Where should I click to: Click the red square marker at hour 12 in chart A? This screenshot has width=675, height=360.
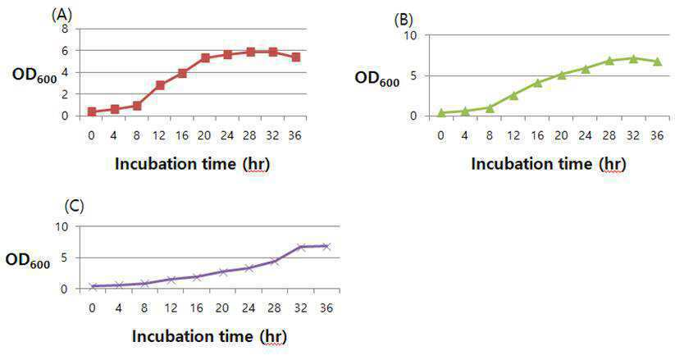[x=160, y=85]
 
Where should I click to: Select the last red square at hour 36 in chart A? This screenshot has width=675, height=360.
[x=296, y=57]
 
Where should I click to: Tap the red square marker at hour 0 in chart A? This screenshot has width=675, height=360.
[x=92, y=112]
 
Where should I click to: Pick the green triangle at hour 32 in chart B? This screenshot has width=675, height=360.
[x=633, y=58]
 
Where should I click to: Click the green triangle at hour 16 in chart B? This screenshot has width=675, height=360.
[x=537, y=83]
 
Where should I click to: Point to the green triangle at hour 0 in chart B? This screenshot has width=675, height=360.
[x=441, y=113]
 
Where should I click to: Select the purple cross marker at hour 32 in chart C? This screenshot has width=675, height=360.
[x=301, y=247]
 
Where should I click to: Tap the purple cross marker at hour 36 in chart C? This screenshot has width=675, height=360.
[x=326, y=246]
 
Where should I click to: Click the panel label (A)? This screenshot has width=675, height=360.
[x=62, y=16]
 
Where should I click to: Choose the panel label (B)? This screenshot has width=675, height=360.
[x=404, y=20]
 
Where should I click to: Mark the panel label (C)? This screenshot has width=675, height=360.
[x=74, y=206]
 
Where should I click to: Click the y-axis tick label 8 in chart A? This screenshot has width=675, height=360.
[x=65, y=30]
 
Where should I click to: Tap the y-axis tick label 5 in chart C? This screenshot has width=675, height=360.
[x=64, y=258]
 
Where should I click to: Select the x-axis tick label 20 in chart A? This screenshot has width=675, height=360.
[x=204, y=135]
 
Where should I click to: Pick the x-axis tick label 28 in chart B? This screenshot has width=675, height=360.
[x=609, y=135]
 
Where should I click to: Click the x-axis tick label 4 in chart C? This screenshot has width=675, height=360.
[x=118, y=308]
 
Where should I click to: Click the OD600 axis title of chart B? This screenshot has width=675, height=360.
[x=376, y=80]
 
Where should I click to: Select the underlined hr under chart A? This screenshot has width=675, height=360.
[x=256, y=164]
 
